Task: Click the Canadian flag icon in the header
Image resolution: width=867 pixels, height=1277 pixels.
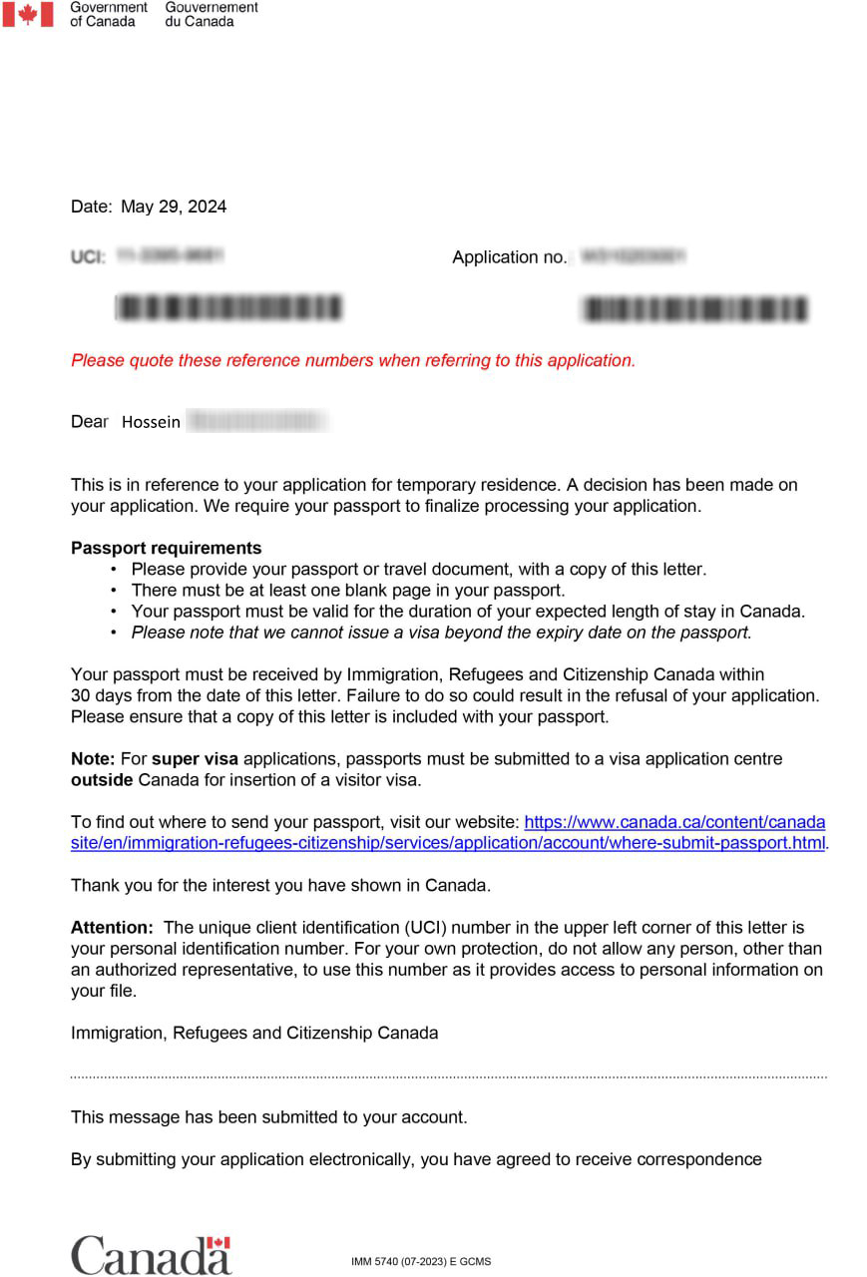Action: click(28, 14)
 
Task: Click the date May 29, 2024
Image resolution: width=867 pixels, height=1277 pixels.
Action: click(173, 207)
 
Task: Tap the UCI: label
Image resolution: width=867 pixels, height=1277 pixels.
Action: click(88, 257)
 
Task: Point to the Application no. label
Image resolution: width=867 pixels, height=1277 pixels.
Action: click(509, 257)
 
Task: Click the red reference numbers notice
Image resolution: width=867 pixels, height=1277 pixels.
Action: click(352, 360)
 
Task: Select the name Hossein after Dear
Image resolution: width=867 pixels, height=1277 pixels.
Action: click(151, 422)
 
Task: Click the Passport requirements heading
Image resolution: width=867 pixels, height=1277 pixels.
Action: click(166, 548)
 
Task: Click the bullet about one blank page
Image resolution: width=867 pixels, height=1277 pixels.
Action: click(347, 591)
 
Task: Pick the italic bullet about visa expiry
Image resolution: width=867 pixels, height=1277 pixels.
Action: click(441, 633)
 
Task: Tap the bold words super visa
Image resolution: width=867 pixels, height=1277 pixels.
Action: click(195, 759)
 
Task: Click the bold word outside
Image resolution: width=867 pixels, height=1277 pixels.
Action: click(102, 779)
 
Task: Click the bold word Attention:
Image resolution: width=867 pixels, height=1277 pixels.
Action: click(112, 928)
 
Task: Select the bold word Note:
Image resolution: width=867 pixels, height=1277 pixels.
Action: click(93, 759)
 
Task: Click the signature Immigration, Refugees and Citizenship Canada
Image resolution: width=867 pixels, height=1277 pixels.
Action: click(254, 1033)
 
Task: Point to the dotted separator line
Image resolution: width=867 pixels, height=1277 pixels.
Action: click(449, 1077)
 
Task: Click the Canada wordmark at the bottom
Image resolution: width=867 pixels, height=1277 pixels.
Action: click(151, 1254)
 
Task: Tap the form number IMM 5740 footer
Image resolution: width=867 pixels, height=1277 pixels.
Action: click(420, 1262)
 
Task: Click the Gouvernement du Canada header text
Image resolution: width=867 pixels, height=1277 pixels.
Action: click(211, 14)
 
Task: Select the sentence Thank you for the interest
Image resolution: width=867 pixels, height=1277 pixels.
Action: click(280, 885)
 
